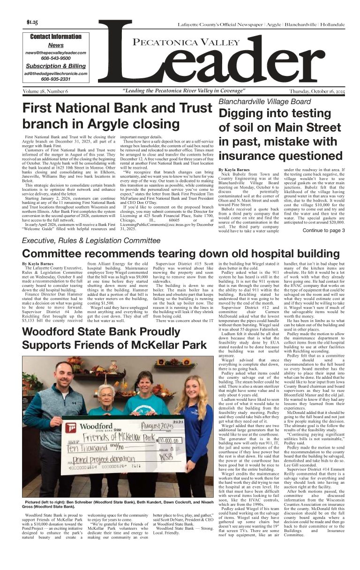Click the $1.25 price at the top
coord(32,22)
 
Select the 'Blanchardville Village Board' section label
coord(264,101)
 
